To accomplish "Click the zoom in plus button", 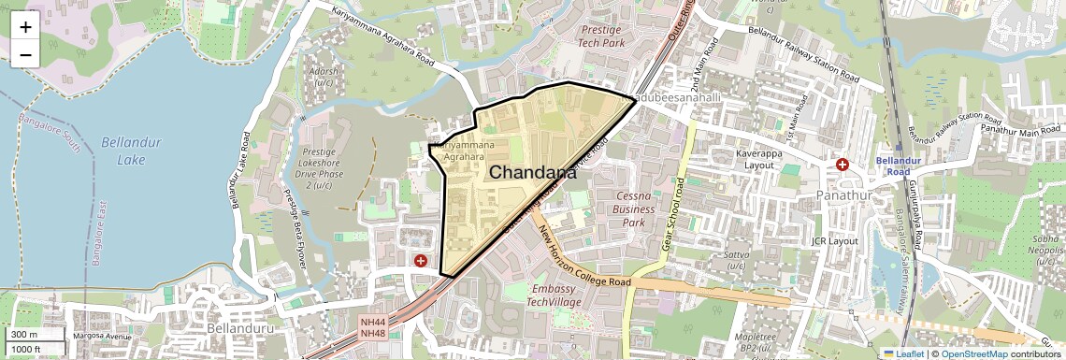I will point(25,26).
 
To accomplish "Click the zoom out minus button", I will point(25,54).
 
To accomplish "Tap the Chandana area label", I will point(532,172).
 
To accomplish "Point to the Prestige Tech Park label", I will point(601,36).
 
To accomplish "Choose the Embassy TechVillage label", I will point(554,295).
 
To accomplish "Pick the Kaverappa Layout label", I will point(744,158).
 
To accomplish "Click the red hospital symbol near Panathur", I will point(843,165).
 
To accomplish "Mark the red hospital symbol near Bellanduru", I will point(422,261).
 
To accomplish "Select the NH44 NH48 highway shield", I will point(372,327).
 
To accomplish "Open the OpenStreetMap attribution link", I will point(973,353).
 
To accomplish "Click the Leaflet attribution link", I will point(903,353).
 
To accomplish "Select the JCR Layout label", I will point(835,240).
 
